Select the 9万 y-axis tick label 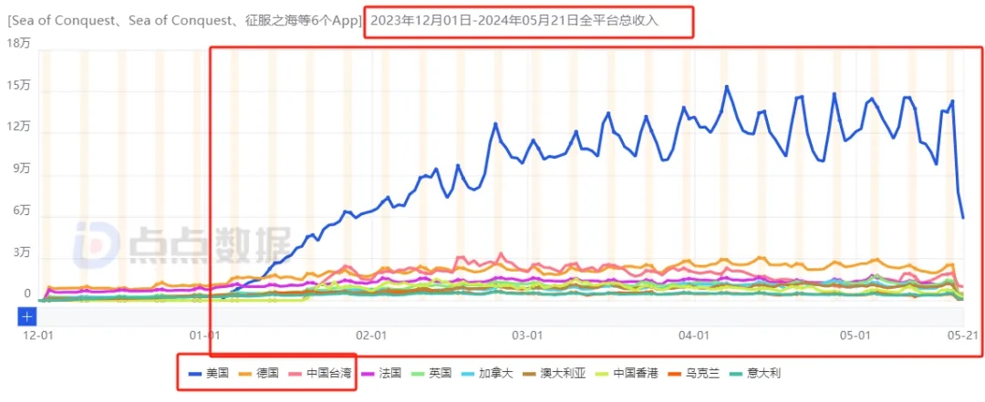click(20, 169)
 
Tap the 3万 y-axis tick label click(20, 253)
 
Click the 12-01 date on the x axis click(36, 335)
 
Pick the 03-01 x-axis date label click(528, 335)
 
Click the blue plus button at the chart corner click(27, 316)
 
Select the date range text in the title click(515, 20)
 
